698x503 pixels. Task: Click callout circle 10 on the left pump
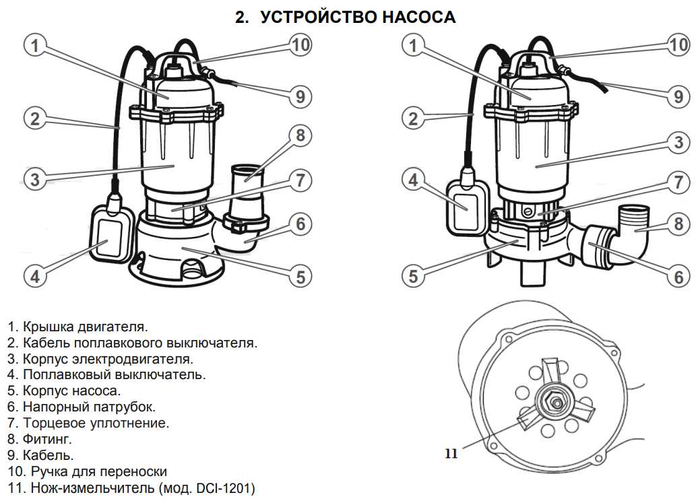tap(300, 45)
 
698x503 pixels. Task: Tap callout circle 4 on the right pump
tap(413, 180)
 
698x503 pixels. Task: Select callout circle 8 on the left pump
tap(300, 135)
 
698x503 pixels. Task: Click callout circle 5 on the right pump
tap(413, 275)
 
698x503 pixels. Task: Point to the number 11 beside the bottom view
tap(451, 454)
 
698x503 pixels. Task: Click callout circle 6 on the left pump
tap(300, 224)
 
